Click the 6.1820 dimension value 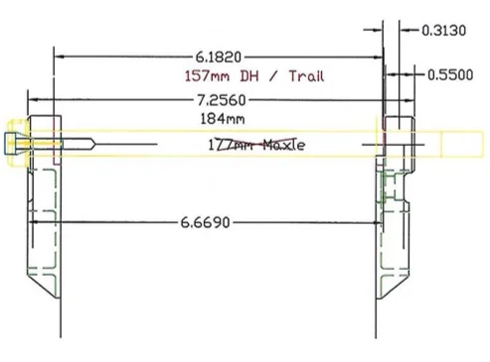[x=219, y=58]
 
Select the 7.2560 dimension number [x=222, y=100]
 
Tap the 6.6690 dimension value [x=205, y=222]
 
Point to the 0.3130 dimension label [x=444, y=31]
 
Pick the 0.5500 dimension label [x=450, y=74]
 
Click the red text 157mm [x=207, y=76]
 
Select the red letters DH [x=249, y=76]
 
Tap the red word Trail [x=307, y=76]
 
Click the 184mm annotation [x=223, y=119]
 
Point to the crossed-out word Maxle [x=284, y=145]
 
